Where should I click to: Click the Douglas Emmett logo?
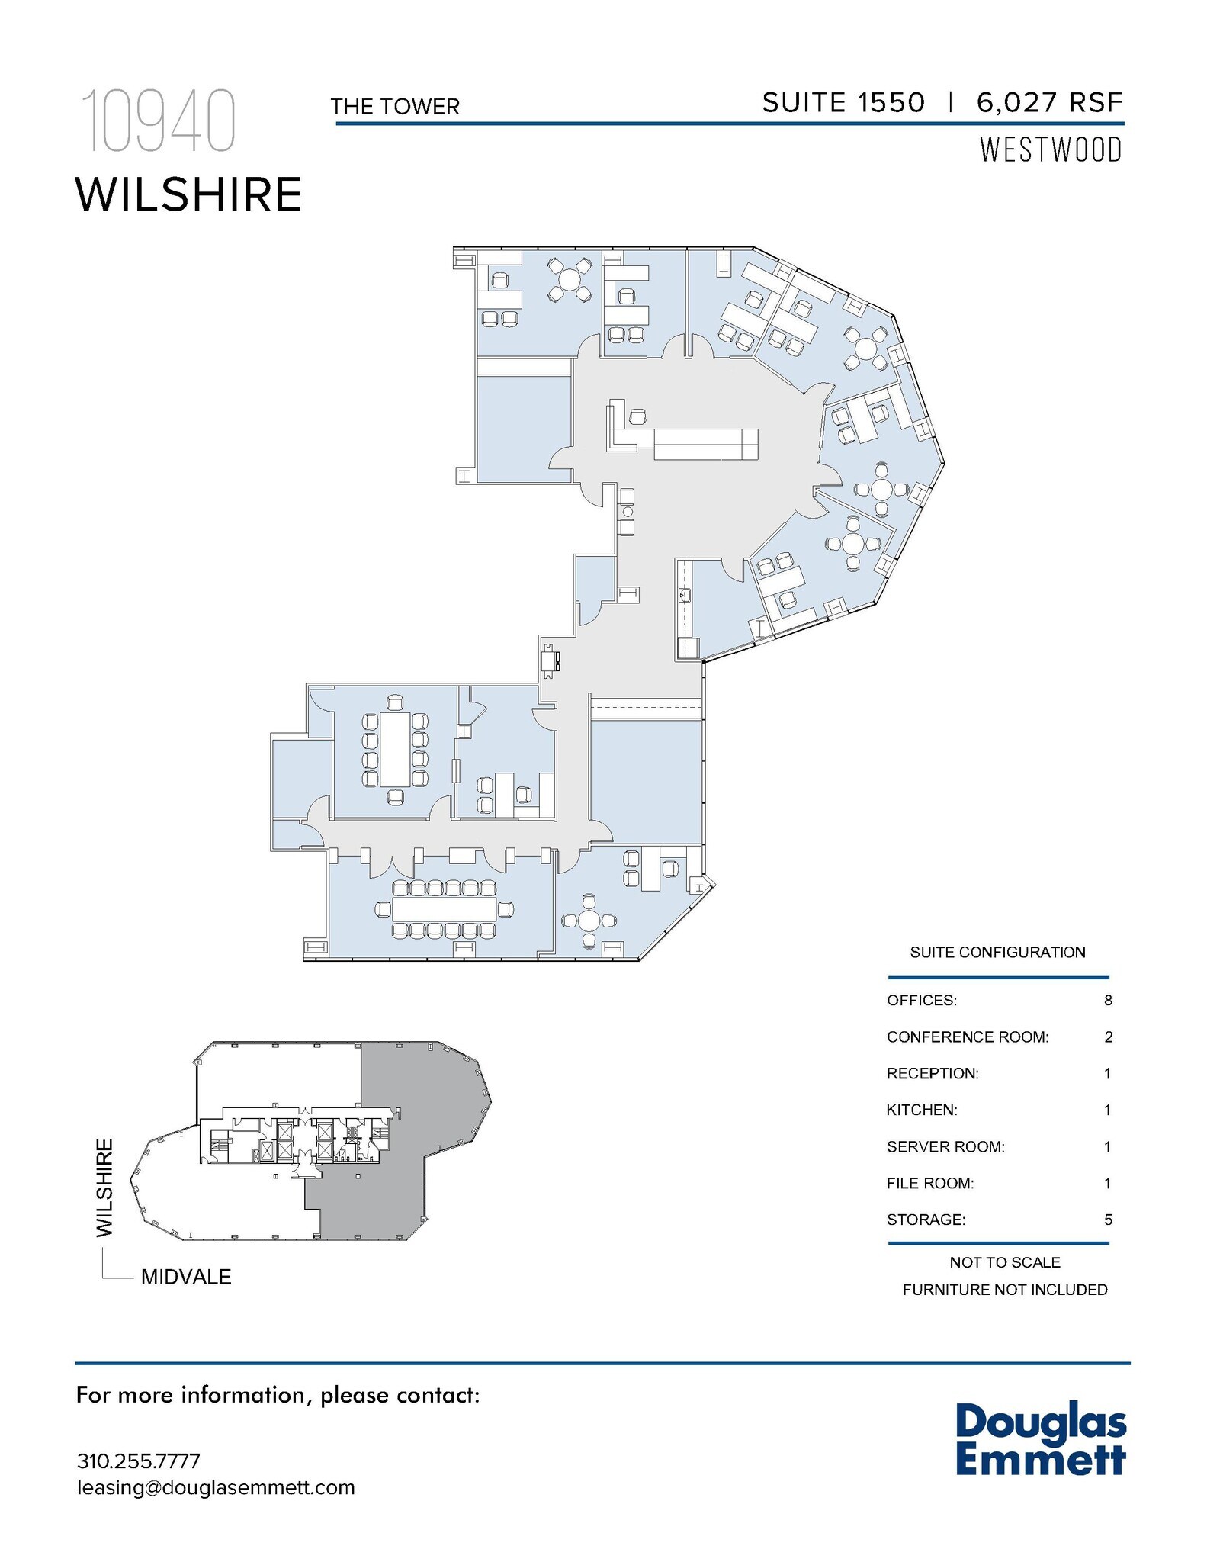1041,1438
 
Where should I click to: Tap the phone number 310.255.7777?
138,1461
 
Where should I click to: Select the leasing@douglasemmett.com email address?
216,1487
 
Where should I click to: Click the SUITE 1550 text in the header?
843,103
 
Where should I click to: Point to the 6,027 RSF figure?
1049,103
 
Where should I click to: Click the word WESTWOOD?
1050,149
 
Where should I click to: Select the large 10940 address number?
158,122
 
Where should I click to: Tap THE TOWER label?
395,107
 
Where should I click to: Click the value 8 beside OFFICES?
1108,1000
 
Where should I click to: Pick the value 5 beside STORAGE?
1108,1220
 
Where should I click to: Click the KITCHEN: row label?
921,1110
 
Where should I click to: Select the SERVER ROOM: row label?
945,1146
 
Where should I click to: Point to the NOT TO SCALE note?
1004,1262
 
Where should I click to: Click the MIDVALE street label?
186,1277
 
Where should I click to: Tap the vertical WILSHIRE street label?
104,1188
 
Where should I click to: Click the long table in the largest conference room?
444,908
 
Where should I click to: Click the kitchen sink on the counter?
684,595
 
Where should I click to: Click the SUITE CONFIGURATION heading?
997,952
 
